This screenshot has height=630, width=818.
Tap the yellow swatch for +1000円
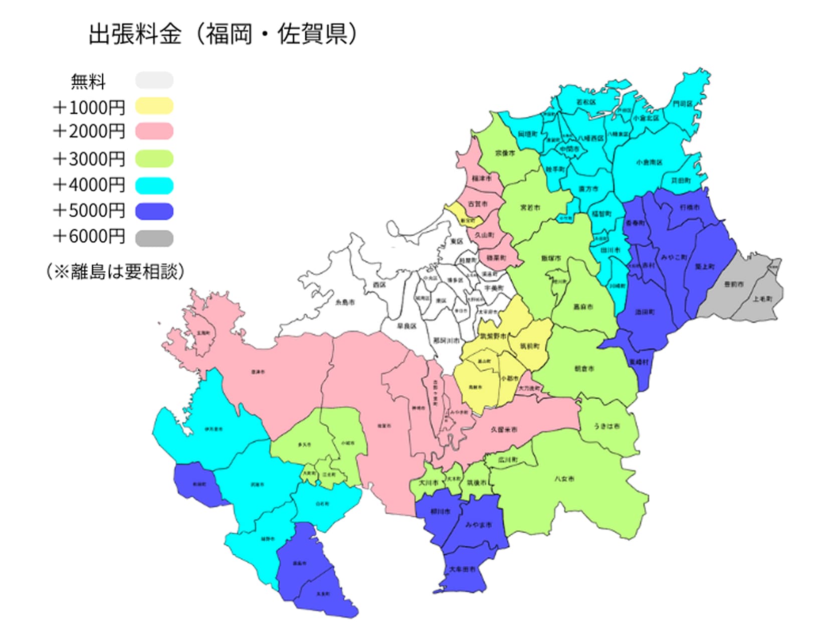154,106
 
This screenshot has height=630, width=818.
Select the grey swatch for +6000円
154,238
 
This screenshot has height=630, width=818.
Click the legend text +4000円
89,185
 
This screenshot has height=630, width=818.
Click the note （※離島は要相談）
115,271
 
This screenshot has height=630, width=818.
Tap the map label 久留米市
504,430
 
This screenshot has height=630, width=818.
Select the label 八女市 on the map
564,479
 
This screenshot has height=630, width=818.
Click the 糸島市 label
345,302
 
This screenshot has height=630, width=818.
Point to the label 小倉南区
649,163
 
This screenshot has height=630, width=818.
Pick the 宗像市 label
505,153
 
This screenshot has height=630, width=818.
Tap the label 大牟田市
462,570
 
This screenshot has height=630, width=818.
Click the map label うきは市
606,426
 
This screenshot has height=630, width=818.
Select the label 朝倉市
584,369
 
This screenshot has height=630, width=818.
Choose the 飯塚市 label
551,258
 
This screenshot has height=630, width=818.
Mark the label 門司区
682,104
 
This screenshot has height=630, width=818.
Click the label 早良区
406,326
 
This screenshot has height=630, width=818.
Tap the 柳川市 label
441,512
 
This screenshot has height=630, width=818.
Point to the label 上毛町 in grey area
762,299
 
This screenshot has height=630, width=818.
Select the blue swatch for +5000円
154,211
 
